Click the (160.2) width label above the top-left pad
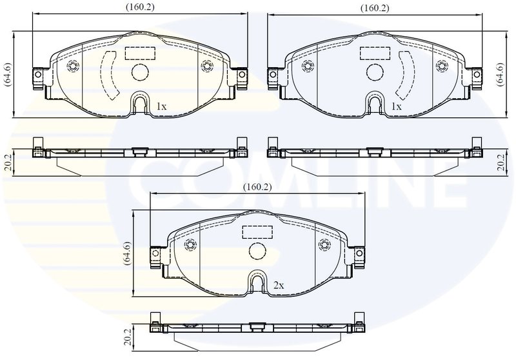click(139, 8)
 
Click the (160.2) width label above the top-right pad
click(375, 8)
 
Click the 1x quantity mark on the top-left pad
click(161, 105)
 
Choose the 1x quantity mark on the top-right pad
click(396, 105)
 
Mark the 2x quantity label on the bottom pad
click(279, 284)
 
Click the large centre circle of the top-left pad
click(139, 72)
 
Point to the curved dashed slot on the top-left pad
click(108, 75)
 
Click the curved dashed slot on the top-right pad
click(405, 75)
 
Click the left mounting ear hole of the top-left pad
click(38, 76)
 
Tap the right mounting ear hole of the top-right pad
click(477, 76)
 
